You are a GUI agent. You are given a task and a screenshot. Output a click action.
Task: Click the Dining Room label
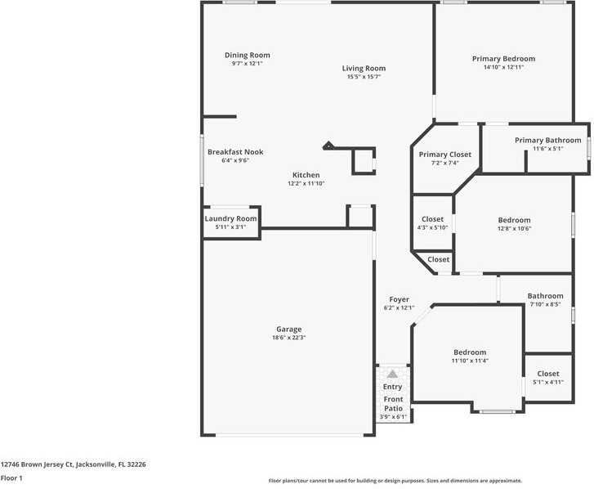click(x=247, y=56)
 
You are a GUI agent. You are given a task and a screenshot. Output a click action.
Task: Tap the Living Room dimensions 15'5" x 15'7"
click(x=364, y=77)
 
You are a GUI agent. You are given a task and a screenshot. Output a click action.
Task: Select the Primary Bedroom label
click(x=503, y=59)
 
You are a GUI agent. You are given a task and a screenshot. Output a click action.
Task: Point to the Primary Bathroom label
click(x=547, y=141)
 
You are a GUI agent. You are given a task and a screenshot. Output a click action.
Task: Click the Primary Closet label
click(x=444, y=155)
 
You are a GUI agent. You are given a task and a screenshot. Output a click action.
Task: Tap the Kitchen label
click(x=306, y=175)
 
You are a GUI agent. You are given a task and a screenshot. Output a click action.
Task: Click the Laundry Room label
click(x=230, y=219)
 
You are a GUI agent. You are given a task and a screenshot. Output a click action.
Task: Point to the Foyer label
click(x=399, y=300)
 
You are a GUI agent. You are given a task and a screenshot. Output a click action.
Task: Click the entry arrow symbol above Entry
click(x=392, y=373)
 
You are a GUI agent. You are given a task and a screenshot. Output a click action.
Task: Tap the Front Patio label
click(x=393, y=404)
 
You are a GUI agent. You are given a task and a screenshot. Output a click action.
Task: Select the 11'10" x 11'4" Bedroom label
click(x=470, y=352)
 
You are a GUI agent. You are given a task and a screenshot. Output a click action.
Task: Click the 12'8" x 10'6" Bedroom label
click(x=514, y=220)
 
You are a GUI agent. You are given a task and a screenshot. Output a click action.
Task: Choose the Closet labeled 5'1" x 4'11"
click(x=548, y=374)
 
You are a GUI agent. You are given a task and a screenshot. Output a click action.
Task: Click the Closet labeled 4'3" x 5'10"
click(x=432, y=219)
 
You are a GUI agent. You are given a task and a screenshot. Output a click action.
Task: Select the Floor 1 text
click(x=11, y=478)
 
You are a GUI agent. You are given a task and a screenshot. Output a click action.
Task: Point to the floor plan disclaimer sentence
click(x=395, y=481)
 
